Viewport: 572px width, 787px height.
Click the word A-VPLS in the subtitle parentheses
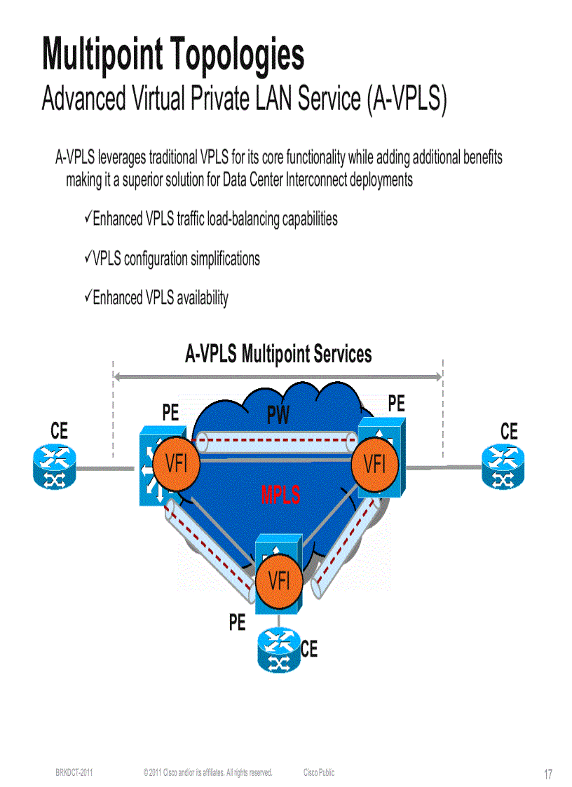coord(404,99)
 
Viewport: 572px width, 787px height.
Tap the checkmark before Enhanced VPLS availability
coord(88,297)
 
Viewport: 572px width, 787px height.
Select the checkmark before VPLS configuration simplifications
coord(88,258)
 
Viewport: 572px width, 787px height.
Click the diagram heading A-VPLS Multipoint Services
coord(278,354)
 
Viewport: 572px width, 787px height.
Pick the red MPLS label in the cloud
coord(280,495)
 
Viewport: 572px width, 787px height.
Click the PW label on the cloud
coord(278,417)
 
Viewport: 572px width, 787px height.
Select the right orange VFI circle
coord(375,463)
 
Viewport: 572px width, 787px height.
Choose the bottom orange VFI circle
coord(279,581)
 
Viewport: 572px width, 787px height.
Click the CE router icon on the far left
coord(53,467)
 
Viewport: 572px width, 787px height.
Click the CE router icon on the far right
coord(502,467)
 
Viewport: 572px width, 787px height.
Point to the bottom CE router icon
coord(279,650)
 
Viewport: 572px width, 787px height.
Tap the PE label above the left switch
coord(170,413)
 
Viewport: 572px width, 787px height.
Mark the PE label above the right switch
coord(396,403)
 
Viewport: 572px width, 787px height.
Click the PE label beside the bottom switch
coord(238,622)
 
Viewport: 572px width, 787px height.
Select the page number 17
coord(548,774)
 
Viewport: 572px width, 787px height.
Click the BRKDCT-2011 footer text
coord(74,772)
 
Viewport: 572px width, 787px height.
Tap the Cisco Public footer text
coord(319,772)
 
